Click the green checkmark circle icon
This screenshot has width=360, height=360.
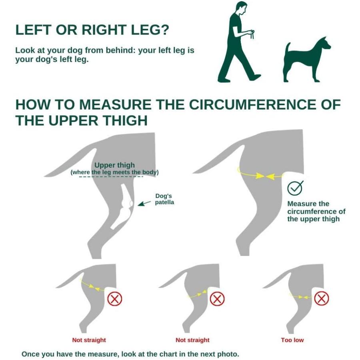(x=295, y=188)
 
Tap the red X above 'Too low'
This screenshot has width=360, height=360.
(x=322, y=299)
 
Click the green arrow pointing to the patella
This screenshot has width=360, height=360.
(x=144, y=204)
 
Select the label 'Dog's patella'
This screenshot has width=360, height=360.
(x=164, y=199)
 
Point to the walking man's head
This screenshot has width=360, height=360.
(x=242, y=8)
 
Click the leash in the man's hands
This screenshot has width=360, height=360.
(x=252, y=34)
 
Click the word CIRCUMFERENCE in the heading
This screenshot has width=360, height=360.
(x=253, y=105)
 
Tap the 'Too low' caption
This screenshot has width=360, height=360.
(x=292, y=340)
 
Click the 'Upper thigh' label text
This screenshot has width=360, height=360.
(x=114, y=165)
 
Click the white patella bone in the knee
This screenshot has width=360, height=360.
(x=131, y=203)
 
